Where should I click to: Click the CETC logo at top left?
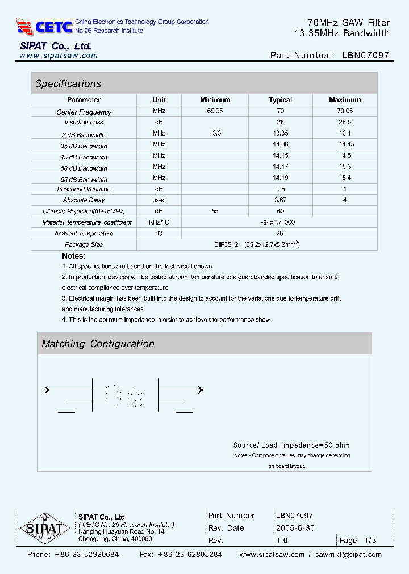(x=45, y=26)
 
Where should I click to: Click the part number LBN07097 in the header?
(x=366, y=56)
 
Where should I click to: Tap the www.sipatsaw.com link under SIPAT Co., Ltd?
(x=59, y=56)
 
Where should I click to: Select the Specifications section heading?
(x=68, y=84)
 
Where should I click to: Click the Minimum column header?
(x=215, y=100)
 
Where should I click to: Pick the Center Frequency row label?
(x=84, y=112)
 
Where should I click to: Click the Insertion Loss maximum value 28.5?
(x=344, y=122)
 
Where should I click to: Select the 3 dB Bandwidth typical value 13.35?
(x=280, y=133)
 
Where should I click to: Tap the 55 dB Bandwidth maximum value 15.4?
(x=344, y=178)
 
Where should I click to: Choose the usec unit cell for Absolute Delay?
(x=159, y=200)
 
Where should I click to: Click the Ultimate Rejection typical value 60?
(x=280, y=211)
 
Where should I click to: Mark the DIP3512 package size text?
(x=226, y=244)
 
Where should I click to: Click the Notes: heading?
(x=74, y=256)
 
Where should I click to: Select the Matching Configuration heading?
(x=98, y=344)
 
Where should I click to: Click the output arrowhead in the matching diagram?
(x=199, y=390)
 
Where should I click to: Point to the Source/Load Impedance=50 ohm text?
(x=291, y=445)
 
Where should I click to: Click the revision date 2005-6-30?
(x=295, y=528)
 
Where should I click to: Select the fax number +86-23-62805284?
(x=190, y=554)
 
